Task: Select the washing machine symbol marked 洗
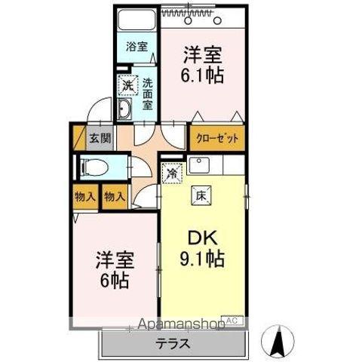[x=127, y=86]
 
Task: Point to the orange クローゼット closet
[x=217, y=138]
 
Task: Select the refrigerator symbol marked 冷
[x=173, y=173]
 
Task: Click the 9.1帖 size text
[x=204, y=260]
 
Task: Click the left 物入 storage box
[x=84, y=197]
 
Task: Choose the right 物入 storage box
[x=113, y=197]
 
